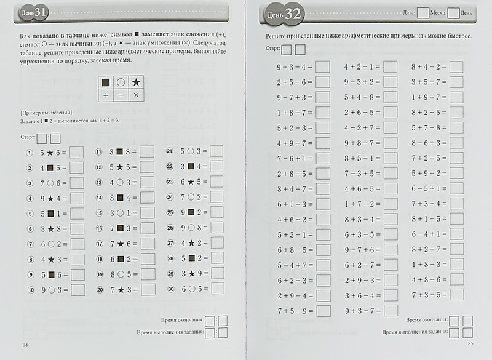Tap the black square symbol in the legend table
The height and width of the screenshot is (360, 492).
[x=106, y=82]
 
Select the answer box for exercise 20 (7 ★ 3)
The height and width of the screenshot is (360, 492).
[x=147, y=290]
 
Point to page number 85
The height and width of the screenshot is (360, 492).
[x=470, y=343]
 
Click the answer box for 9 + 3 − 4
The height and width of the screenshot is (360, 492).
[x=322, y=66]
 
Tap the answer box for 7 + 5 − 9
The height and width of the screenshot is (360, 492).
[x=322, y=310]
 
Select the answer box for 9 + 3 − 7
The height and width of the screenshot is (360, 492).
[x=390, y=310]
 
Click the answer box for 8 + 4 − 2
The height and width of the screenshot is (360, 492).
[x=456, y=66]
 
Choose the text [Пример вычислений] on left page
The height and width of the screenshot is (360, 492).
[x=47, y=113]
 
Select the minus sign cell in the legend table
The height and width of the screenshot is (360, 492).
[x=121, y=95]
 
